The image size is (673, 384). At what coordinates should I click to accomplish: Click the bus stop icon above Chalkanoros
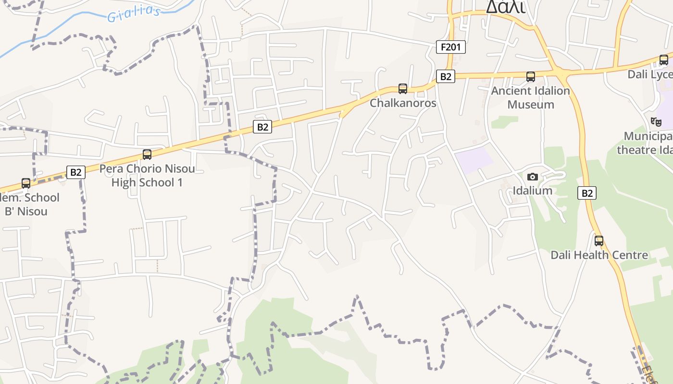pos(403,89)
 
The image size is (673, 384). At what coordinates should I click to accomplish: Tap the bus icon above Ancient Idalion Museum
pos(531,77)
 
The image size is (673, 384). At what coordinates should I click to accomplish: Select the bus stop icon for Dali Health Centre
pos(599,241)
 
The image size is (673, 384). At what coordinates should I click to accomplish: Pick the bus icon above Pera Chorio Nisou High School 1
pos(147,155)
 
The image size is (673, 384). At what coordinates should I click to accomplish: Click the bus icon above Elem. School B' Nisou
pos(26,183)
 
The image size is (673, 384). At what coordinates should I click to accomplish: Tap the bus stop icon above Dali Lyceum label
pos(664,60)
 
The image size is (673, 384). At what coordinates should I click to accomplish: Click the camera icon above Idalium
pos(532,177)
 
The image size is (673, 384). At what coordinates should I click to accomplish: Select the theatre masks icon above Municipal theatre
pos(656,122)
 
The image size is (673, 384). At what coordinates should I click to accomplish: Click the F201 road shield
pos(451,47)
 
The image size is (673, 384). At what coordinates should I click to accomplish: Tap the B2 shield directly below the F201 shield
pos(446,76)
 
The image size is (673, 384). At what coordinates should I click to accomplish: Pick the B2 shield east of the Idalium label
pos(587,193)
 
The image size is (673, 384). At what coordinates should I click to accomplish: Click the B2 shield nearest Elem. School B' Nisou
pos(76,172)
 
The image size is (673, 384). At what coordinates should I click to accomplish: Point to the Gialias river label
pos(133,14)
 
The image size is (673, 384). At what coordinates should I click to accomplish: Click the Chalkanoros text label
pos(403,103)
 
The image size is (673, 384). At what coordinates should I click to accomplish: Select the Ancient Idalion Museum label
pos(531,97)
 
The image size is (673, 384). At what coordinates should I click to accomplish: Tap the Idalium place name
pos(532,191)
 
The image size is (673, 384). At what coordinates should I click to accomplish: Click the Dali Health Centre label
pos(599,255)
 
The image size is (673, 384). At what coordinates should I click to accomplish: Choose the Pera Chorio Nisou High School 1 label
pos(147,176)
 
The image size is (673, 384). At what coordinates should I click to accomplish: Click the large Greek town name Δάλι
pos(505,7)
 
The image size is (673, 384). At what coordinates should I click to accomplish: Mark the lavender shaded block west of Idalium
pos(474,159)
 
